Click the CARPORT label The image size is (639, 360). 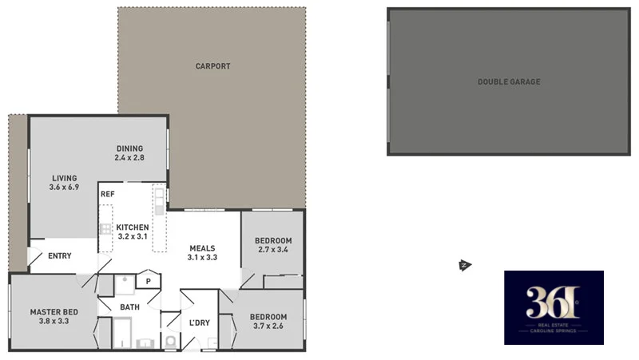[212, 66]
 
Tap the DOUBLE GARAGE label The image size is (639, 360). [509, 81]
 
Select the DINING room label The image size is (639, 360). [129, 148]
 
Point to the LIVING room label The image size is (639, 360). [64, 178]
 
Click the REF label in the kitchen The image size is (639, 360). [107, 194]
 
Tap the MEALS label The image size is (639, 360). [203, 247]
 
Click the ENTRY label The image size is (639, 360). [60, 256]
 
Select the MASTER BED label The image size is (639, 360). [54, 311]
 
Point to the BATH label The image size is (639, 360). [129, 307]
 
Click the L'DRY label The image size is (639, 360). [200, 322]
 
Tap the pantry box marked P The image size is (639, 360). [149, 281]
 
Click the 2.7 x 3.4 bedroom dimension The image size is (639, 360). [272, 251]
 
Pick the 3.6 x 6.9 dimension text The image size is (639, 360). [64, 188]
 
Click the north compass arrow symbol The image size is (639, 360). [462, 266]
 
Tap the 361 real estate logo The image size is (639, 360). [554, 307]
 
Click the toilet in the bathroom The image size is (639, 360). [169, 342]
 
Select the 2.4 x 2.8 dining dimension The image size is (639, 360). [129, 157]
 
